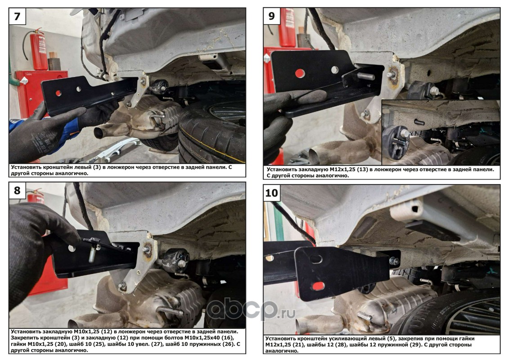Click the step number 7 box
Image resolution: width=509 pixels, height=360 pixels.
pos(17,16)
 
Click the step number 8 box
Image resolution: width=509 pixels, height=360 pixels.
pos(17,190)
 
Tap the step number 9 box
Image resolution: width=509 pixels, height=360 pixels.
pos(272,16)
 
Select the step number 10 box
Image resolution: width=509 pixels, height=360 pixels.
pos(272,193)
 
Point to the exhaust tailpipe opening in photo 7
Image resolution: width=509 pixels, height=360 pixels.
pos(98,133)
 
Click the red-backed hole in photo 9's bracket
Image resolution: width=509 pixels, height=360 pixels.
pos(300,73)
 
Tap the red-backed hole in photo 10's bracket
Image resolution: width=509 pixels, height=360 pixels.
pos(318,286)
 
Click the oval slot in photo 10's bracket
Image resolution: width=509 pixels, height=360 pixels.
pos(315,259)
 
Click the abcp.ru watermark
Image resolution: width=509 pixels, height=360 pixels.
pos(250,310)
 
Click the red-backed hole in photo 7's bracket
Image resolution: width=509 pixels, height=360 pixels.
pos(58,93)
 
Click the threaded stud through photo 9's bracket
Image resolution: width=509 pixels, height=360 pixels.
pos(366,76)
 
